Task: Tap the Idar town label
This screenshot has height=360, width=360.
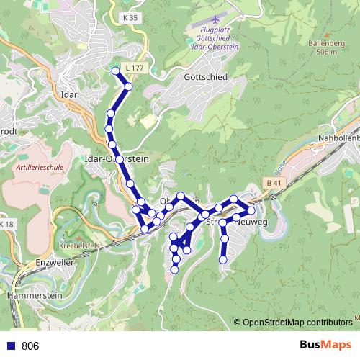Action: point(70,94)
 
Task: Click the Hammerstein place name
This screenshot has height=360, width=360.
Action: point(32,296)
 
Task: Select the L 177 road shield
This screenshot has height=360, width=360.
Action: point(134,68)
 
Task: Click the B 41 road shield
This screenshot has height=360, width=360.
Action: point(272,183)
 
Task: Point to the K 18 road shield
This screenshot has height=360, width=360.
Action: point(6,225)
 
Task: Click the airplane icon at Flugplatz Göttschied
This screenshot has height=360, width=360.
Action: point(215,16)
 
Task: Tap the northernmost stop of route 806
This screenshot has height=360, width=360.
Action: point(115,70)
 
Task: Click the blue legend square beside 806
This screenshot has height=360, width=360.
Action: point(11,346)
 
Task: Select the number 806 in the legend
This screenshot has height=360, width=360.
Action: point(30,346)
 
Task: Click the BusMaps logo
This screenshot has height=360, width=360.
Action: point(325,346)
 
